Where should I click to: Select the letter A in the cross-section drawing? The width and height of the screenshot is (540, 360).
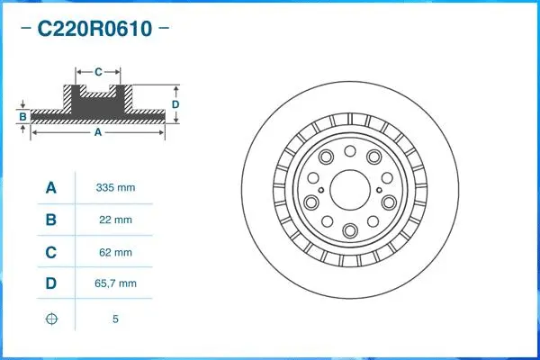coord(97,132)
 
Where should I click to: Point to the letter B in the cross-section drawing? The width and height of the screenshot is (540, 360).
coord(22,116)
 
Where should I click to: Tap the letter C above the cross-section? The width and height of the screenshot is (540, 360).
coord(98,70)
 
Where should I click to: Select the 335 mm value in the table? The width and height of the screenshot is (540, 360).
coord(115,188)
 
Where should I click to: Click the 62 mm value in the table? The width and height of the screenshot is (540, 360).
coord(115,252)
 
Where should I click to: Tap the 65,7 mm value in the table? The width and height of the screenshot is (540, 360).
coord(115,283)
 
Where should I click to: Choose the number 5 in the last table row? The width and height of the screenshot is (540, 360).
coord(115,319)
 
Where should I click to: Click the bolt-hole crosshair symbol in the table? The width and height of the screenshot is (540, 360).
coord(51,319)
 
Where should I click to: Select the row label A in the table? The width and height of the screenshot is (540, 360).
coord(51,188)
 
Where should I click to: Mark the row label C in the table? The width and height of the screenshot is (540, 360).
coord(51,252)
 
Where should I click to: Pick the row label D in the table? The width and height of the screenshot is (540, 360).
coord(51,283)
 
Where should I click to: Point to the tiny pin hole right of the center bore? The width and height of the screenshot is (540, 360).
coord(379,188)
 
